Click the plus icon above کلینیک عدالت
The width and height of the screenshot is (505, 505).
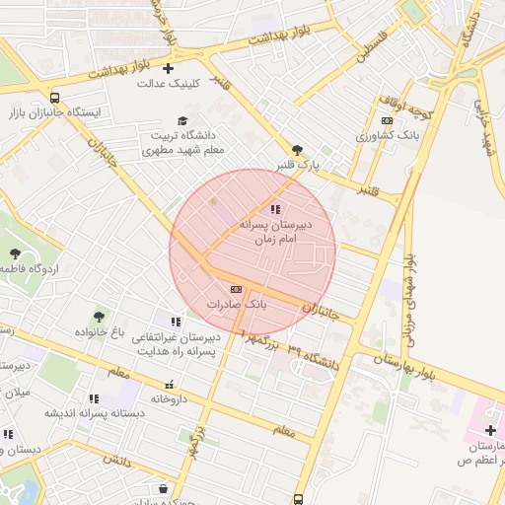(168, 68)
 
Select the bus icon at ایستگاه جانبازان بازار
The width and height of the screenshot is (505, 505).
(53, 98)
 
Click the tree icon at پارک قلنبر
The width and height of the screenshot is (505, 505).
(298, 149)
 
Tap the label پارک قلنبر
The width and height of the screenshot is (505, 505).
(298, 165)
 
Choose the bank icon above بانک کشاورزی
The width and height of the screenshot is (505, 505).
(387, 120)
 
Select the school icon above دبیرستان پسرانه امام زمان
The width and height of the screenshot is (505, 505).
(275, 209)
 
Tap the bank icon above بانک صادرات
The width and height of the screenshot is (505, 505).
(235, 288)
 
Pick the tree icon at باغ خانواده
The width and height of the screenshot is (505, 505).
(99, 316)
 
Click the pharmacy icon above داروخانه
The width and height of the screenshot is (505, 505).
(169, 384)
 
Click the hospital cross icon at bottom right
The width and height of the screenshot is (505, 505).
(491, 430)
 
